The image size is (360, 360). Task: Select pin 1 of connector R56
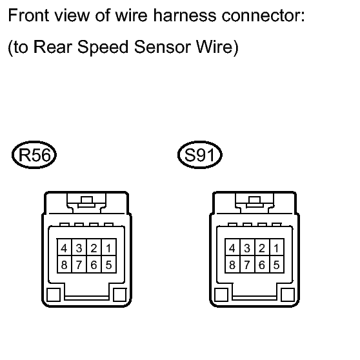tap(109, 248)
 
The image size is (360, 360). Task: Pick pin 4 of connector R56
tap(65, 248)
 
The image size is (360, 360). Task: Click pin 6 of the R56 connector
tap(94, 265)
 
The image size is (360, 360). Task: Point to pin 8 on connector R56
tap(65, 265)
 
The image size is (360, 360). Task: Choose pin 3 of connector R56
tap(79, 248)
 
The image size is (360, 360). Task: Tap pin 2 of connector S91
tap(262, 248)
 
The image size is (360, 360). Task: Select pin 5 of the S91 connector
tap(277, 265)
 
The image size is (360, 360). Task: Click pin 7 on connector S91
tap(247, 265)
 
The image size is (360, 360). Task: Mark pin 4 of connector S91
tap(232, 248)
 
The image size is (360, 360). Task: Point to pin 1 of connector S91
tap(277, 248)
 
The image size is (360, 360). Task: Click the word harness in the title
tap(185, 15)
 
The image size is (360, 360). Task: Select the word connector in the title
tap(263, 16)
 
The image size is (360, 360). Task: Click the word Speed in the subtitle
tap(103, 48)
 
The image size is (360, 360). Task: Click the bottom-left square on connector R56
tap(54, 295)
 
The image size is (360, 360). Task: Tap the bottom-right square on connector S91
tap(288, 295)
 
